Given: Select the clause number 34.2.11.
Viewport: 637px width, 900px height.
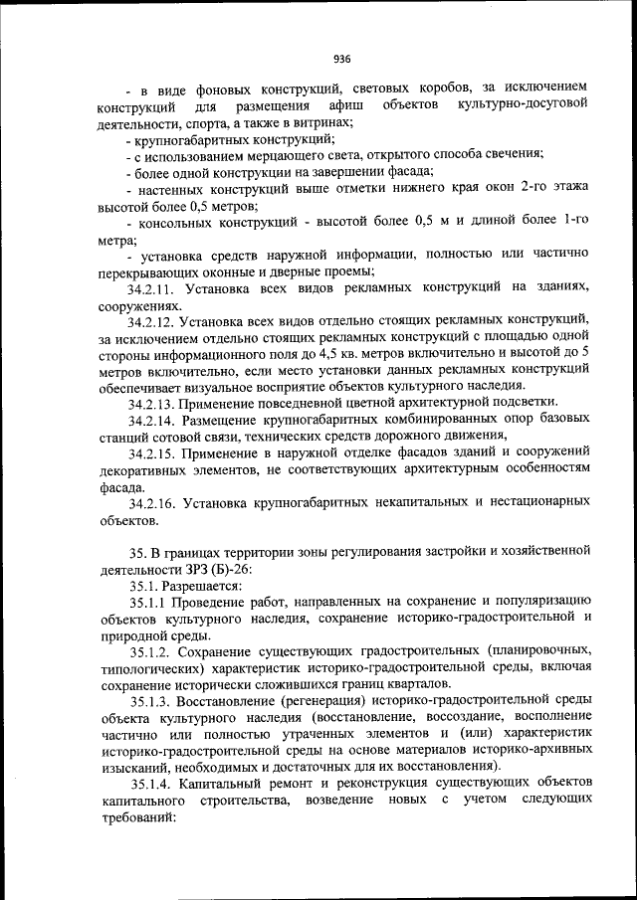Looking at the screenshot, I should coord(152,288).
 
